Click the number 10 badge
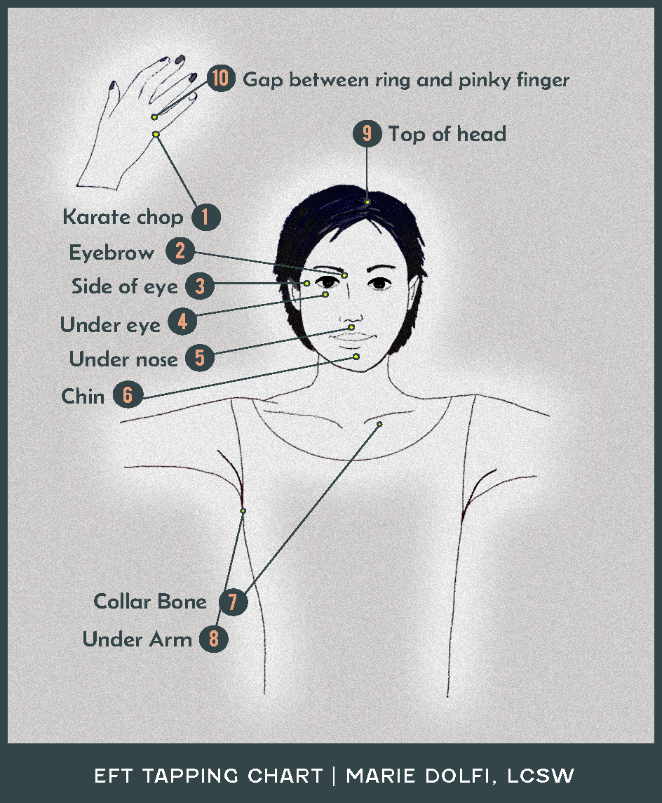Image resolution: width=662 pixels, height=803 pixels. point(221,79)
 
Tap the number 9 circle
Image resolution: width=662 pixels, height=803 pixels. point(367,133)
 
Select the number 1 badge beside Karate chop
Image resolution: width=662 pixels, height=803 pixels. point(205,217)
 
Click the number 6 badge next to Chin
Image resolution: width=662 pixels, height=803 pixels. point(128,394)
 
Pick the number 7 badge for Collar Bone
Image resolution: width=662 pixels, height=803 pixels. point(234,602)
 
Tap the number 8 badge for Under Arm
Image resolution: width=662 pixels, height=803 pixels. point(214,639)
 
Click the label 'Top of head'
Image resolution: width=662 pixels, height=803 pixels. point(447,134)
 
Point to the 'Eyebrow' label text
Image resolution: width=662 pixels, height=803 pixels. point(112,253)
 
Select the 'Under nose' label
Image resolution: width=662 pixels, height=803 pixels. point(123,359)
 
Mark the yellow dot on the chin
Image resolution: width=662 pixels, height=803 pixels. point(356,357)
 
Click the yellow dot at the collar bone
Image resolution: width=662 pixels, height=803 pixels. point(379,424)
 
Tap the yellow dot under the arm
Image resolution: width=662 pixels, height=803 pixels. point(243,510)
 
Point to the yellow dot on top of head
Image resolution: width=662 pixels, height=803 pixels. point(367,201)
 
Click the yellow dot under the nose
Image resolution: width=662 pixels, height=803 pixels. point(351,326)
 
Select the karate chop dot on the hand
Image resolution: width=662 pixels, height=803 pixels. point(156,134)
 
